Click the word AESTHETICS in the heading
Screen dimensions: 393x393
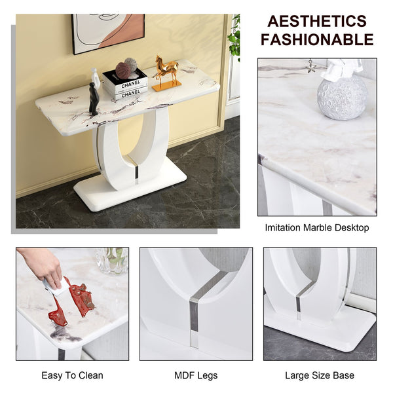pyautogui.click(x=317, y=21)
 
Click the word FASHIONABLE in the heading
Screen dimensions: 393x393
pyautogui.click(x=317, y=39)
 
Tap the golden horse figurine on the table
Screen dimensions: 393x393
pyautogui.click(x=166, y=72)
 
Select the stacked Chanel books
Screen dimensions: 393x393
pyautogui.click(x=125, y=86)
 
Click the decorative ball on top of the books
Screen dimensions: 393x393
pyautogui.click(x=126, y=68)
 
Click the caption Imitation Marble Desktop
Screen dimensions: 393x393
pyautogui.click(x=317, y=228)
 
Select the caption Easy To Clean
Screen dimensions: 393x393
pyautogui.click(x=72, y=375)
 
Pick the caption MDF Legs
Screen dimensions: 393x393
pyautogui.click(x=196, y=375)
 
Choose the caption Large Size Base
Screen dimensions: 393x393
pyautogui.click(x=320, y=375)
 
